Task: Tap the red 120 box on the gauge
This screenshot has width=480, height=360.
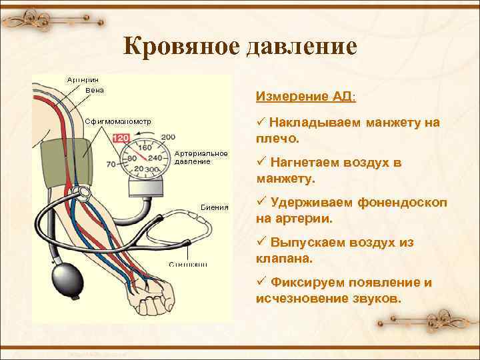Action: tap(121, 138)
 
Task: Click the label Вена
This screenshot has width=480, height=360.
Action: tap(95, 90)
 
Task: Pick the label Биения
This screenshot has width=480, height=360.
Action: tap(215, 207)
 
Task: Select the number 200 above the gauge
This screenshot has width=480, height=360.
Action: tap(168, 137)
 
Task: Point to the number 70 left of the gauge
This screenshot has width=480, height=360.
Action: tap(111, 164)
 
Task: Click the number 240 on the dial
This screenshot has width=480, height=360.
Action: tap(155, 158)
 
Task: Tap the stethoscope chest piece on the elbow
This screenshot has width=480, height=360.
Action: tap(82, 193)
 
